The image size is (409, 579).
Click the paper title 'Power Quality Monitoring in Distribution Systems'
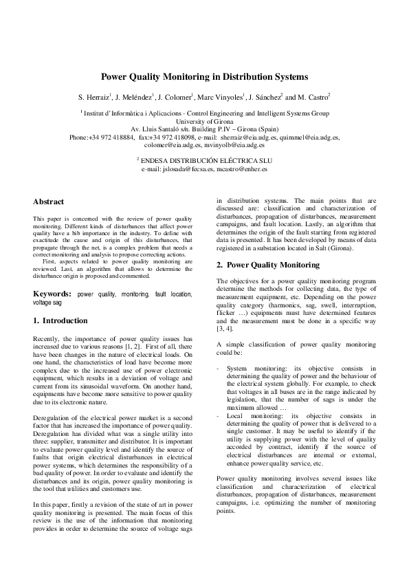tap(204, 78)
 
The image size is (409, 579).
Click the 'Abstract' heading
tap(49, 201)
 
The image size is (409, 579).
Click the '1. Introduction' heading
tap(60, 320)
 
